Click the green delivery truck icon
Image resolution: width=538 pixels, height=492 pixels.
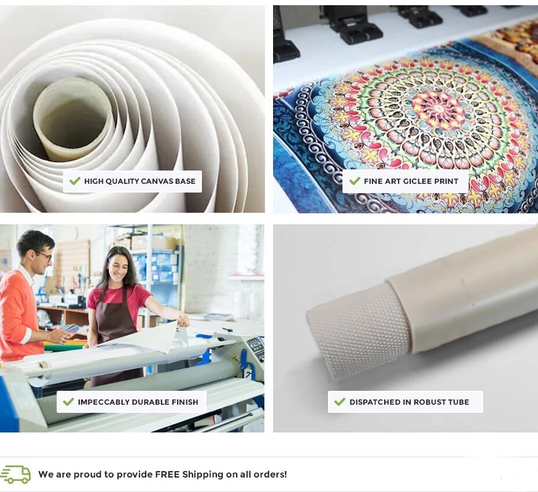(16, 475)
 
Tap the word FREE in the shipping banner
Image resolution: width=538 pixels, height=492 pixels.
(167, 475)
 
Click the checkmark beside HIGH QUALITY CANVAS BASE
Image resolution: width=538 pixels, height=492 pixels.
(75, 181)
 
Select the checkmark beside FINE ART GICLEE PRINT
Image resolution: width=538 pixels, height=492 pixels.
(355, 181)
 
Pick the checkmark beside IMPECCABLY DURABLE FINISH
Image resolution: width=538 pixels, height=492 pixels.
(69, 401)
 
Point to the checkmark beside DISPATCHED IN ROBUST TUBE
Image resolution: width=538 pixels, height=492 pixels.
(340, 401)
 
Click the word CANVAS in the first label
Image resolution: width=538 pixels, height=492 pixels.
(157, 181)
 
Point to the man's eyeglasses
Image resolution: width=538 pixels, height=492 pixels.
(45, 255)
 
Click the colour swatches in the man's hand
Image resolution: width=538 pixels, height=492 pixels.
(71, 328)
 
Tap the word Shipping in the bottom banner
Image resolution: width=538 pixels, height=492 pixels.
(203, 475)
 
